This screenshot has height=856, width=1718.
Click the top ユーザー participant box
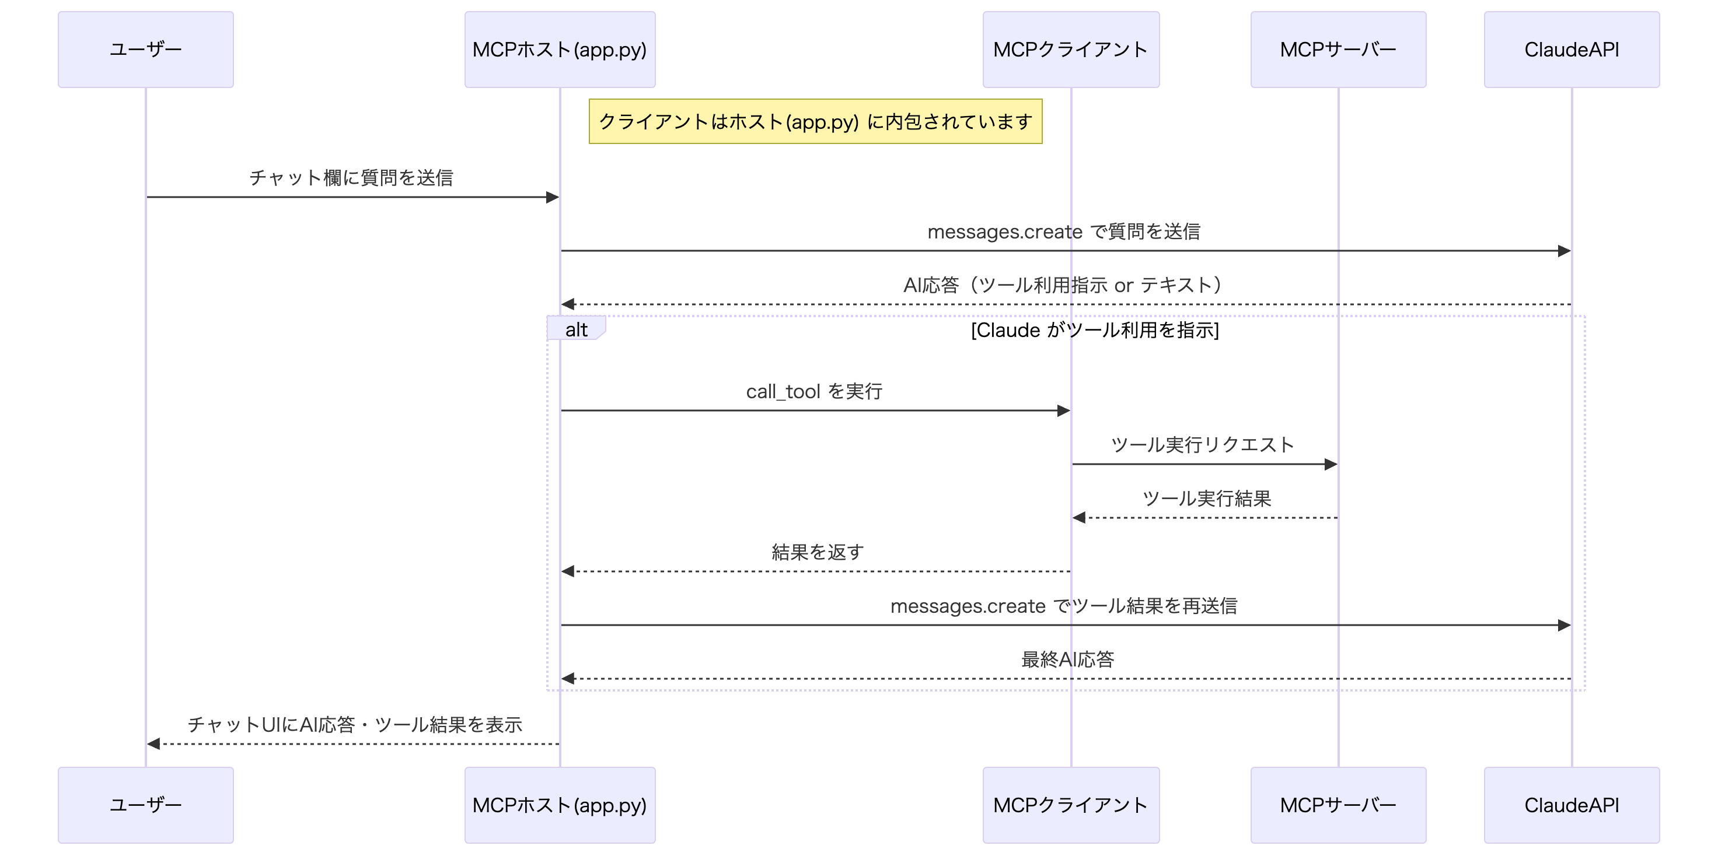pyautogui.click(x=145, y=50)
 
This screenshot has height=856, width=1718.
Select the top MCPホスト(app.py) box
pyautogui.click(x=560, y=50)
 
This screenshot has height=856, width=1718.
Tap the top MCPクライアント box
pyautogui.click(x=1070, y=50)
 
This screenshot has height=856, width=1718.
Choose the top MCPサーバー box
pyautogui.click(x=1338, y=50)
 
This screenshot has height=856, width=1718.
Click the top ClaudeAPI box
pyautogui.click(x=1572, y=50)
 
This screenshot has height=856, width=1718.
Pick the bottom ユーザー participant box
pyautogui.click(x=145, y=805)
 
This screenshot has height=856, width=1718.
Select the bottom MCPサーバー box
pyautogui.click(x=1338, y=805)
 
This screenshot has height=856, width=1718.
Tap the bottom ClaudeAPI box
pyautogui.click(x=1572, y=805)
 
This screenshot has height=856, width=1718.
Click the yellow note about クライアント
pyautogui.click(x=815, y=121)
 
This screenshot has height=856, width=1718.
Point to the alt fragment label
pyautogui.click(x=576, y=329)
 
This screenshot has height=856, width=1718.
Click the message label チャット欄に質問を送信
pyautogui.click(x=351, y=177)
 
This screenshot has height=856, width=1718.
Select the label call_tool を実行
pyautogui.click(x=813, y=391)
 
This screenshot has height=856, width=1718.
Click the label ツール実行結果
pyautogui.click(x=1206, y=498)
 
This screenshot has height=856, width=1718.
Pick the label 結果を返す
pyautogui.click(x=817, y=552)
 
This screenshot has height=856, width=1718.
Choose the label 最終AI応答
pyautogui.click(x=1067, y=659)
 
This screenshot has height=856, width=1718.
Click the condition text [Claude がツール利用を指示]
pyautogui.click(x=1094, y=330)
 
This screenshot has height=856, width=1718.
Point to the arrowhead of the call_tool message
pyautogui.click(x=1064, y=411)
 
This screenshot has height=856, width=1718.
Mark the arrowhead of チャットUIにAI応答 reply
pyautogui.click(x=153, y=743)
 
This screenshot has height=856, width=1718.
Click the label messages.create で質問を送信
pyautogui.click(x=1063, y=231)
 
